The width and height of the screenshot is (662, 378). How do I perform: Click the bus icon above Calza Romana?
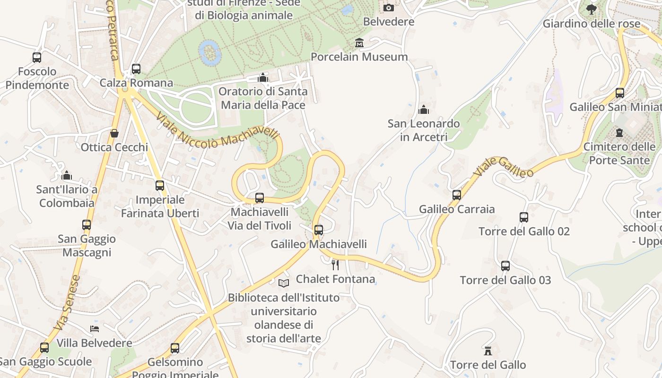(136, 69)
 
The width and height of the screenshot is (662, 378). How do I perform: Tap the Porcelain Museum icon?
(359, 43)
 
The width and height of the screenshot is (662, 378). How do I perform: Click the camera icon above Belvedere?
(388, 8)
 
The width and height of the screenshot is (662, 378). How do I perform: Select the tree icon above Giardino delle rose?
(591, 9)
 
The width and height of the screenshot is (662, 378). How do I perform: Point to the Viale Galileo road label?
(503, 168)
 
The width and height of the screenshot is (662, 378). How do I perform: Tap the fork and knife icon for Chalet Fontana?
(335, 265)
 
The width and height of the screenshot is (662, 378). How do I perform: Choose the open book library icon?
(284, 283)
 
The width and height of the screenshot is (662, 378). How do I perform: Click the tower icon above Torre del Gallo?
(488, 351)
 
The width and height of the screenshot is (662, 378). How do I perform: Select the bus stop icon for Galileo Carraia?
(457, 195)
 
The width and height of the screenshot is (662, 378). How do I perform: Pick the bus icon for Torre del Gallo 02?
(524, 217)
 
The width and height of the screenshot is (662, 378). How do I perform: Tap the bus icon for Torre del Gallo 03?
(505, 266)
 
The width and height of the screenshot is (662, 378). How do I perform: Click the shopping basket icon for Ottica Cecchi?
(114, 133)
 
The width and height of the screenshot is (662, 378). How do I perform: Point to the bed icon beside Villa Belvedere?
(95, 329)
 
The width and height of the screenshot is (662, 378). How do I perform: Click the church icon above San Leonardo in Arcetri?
(424, 110)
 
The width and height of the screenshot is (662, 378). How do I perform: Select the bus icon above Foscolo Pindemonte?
(37, 58)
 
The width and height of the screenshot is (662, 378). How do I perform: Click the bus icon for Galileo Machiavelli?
(319, 230)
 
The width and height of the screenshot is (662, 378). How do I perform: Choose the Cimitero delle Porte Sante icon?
(619, 132)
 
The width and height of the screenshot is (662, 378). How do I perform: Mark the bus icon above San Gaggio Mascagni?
(87, 225)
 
